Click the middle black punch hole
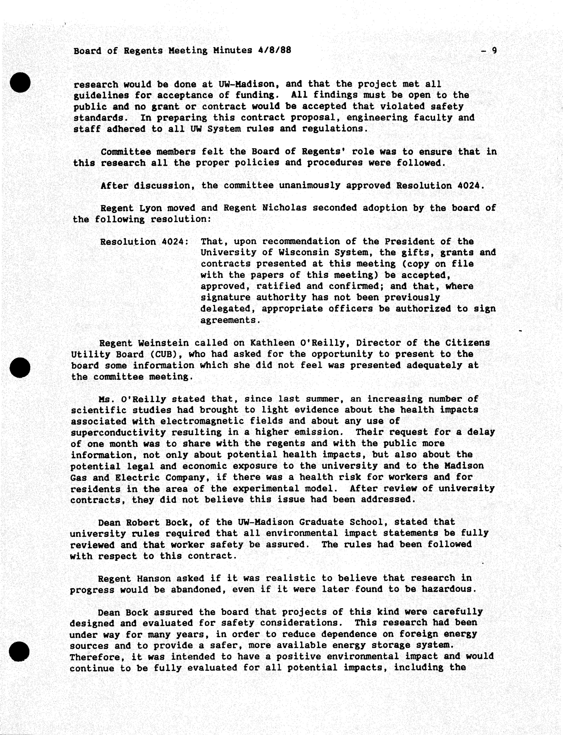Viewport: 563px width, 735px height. click(20, 367)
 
